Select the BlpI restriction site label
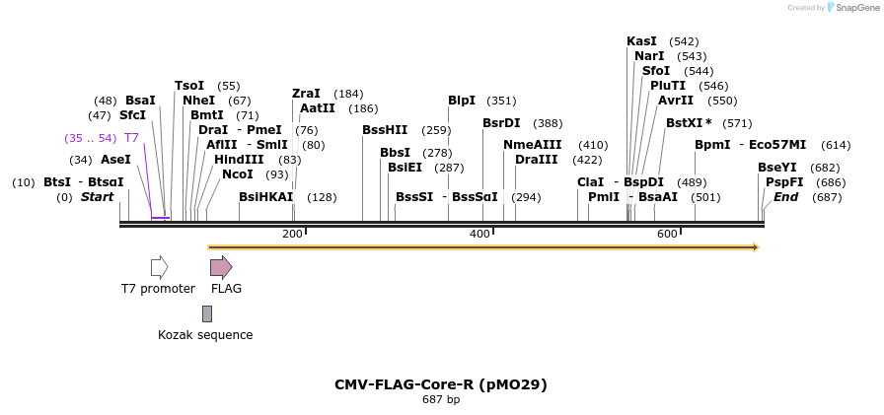(x=462, y=101)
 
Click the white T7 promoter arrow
(x=159, y=267)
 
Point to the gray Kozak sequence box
(x=207, y=313)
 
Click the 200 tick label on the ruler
(x=292, y=234)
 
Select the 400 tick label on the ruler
(x=479, y=234)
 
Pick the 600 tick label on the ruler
(x=667, y=234)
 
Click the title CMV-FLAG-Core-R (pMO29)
(x=440, y=384)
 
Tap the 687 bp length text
(x=441, y=400)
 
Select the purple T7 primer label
(x=131, y=138)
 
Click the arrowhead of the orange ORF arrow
(x=756, y=247)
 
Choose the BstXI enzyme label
(x=689, y=123)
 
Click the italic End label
(x=786, y=197)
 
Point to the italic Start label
(x=97, y=197)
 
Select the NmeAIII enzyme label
(x=532, y=145)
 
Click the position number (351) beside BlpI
(x=501, y=101)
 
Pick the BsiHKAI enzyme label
(x=266, y=197)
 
